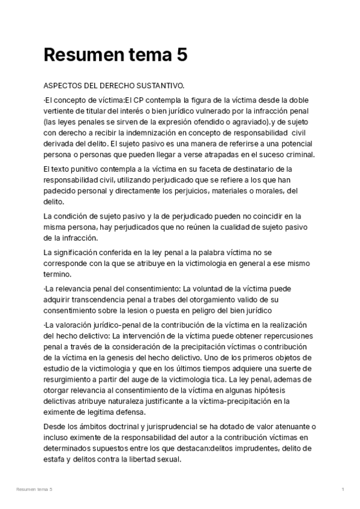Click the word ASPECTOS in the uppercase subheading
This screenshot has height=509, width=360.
pos(63,86)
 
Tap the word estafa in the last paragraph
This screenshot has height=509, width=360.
pos(53,459)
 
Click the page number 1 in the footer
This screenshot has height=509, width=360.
pos(343,490)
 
